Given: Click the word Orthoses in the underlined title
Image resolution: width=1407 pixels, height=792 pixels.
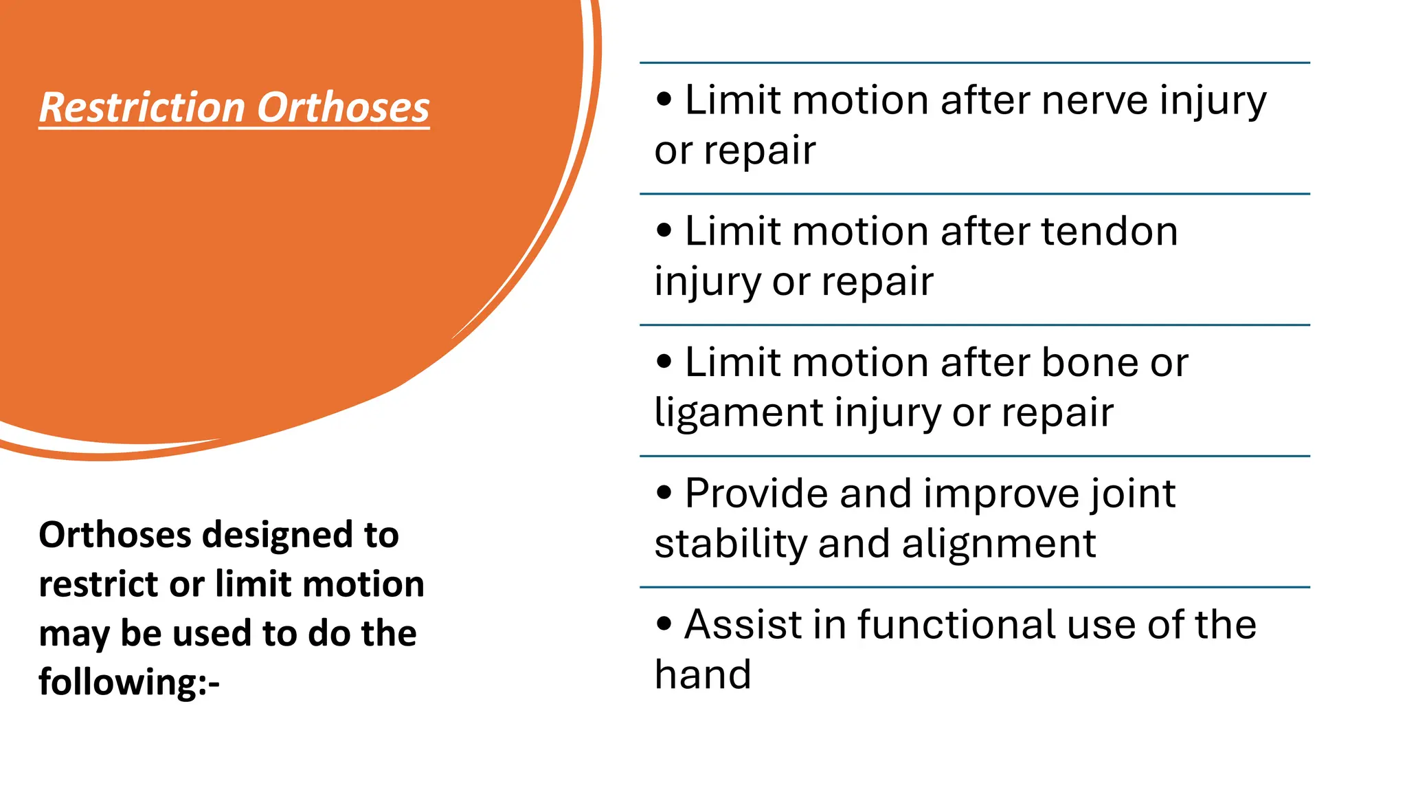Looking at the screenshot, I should pos(343,108).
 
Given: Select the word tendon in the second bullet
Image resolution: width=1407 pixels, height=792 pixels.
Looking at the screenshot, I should pos(1110,231).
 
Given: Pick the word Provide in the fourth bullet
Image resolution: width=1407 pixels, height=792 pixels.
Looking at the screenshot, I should pos(756,494).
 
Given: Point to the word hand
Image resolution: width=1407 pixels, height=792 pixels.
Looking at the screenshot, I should pos(703,674).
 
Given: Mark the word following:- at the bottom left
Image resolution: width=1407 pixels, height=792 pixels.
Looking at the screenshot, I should pos(129,683).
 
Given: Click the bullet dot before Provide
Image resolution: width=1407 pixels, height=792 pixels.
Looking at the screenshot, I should pos(664,492).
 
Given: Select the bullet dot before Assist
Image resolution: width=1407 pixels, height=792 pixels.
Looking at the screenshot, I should pos(664,624).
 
